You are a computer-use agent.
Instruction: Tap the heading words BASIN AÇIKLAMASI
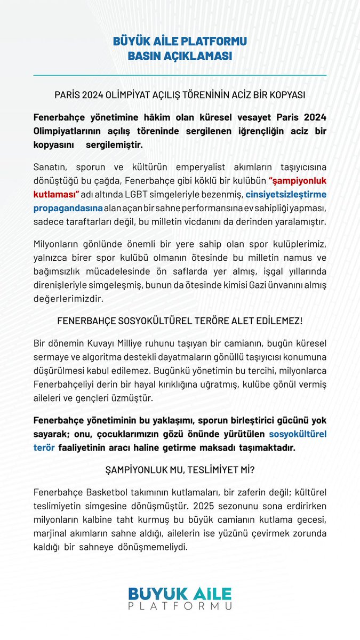[180, 56]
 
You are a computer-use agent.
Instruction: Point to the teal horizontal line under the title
[180, 75]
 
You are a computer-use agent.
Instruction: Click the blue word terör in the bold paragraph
[44, 447]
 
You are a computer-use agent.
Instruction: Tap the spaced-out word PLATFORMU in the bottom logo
[180, 606]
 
